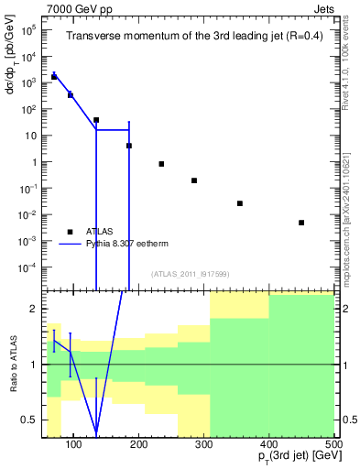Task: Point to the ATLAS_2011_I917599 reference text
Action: pyautogui.click(x=191, y=274)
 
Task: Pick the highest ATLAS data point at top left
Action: pyautogui.click(x=54, y=77)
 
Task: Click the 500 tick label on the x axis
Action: pyautogui.click(x=334, y=444)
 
